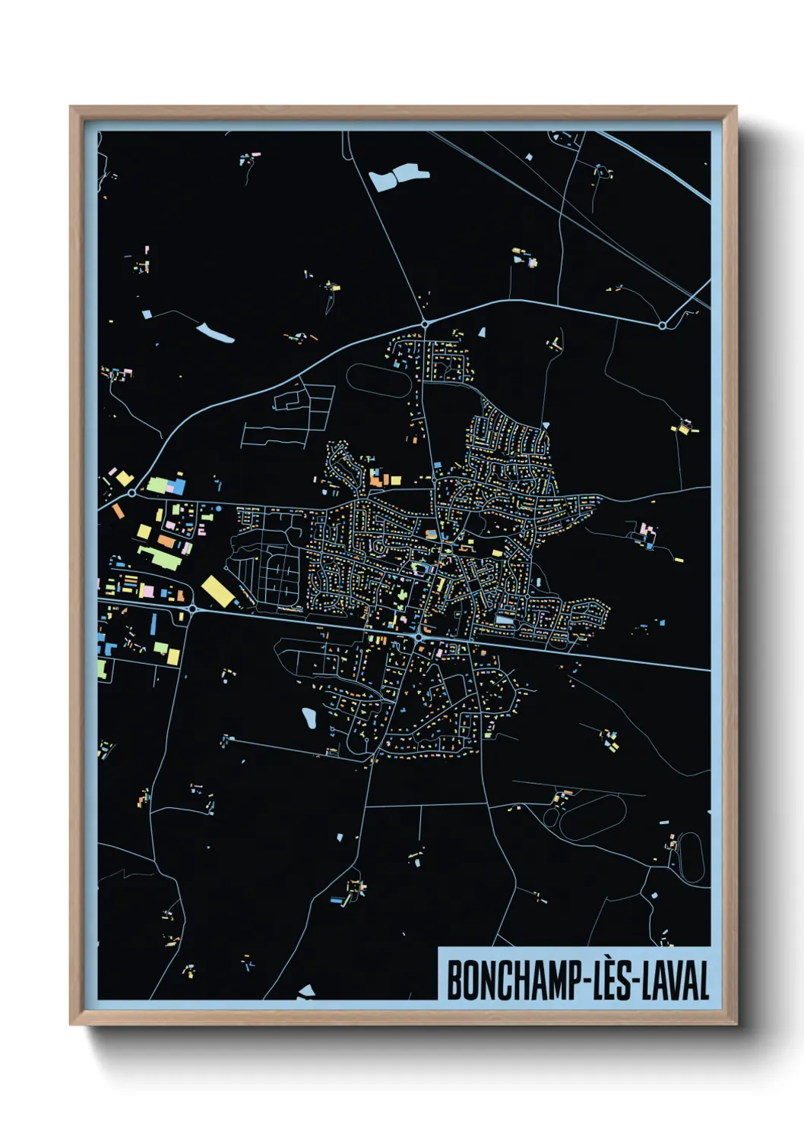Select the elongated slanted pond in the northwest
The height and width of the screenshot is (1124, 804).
click(215, 333)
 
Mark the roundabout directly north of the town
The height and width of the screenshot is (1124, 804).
click(425, 324)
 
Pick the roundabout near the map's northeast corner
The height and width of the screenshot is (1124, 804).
click(662, 326)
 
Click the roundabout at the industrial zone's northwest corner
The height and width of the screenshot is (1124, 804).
click(132, 493)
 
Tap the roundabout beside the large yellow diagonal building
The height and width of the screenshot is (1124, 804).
click(192, 608)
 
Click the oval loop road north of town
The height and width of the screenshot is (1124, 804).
click(377, 380)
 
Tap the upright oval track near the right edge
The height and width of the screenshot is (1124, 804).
click(691, 857)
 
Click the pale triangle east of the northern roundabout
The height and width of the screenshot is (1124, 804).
click(481, 332)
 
